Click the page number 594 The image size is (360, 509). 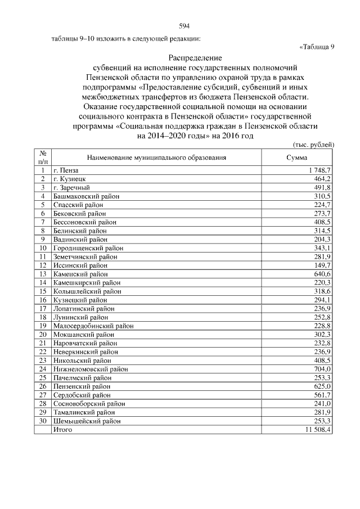[183, 26]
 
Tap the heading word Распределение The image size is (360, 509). [195, 57]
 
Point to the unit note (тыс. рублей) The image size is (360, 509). [314, 145]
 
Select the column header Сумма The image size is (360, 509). [296, 158]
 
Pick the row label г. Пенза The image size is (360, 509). [66, 170]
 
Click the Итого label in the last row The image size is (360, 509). [62, 430]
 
